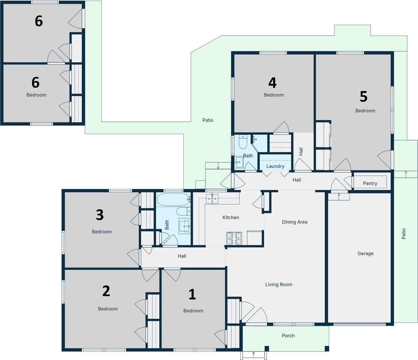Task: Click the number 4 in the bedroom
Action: click(272, 82)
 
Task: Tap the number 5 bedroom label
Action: click(364, 96)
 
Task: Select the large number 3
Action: click(100, 214)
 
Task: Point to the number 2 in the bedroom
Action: click(106, 291)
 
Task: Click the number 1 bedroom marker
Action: click(192, 294)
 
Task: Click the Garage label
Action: click(365, 253)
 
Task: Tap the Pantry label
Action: click(370, 183)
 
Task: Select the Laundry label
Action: click(275, 166)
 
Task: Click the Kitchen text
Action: click(231, 217)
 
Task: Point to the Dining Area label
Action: click(295, 222)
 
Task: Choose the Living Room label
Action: click(279, 284)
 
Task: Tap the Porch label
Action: click(288, 336)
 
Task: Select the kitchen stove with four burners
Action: click(234, 238)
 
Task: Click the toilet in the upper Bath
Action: click(243, 142)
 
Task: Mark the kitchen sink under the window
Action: click(212, 199)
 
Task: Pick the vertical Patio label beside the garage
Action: click(404, 234)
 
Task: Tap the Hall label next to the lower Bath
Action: click(182, 256)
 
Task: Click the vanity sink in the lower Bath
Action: click(184, 226)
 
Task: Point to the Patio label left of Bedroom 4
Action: click(208, 120)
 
